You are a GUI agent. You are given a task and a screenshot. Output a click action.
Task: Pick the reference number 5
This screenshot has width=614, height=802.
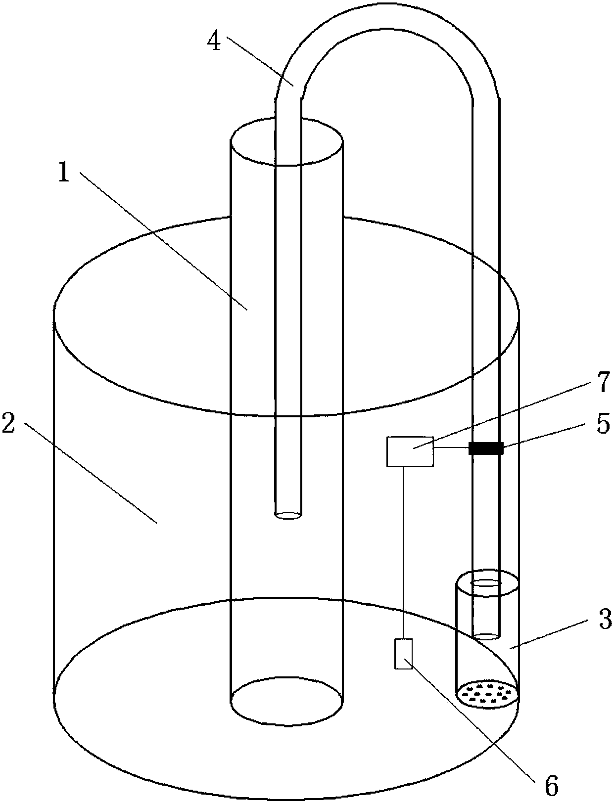604,423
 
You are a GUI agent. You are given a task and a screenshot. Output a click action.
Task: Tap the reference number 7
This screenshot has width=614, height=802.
604,382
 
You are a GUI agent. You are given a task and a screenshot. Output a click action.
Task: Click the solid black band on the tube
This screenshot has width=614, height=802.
486,448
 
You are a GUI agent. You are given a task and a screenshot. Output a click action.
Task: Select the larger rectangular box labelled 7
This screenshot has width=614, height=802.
410,451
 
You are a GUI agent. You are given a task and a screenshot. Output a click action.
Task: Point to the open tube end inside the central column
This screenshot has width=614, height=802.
288,516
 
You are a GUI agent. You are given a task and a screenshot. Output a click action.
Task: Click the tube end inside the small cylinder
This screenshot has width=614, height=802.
486,637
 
